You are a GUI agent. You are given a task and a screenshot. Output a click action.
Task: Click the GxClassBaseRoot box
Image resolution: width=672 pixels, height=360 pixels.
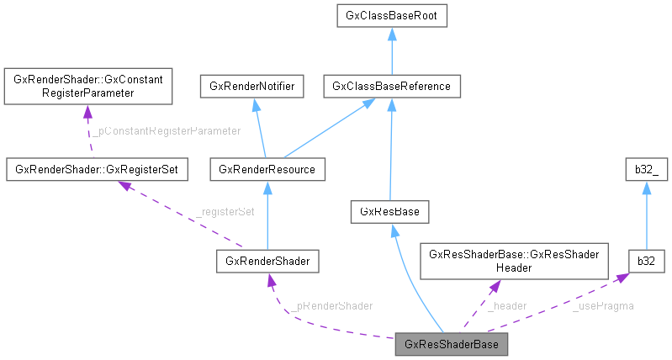tap(391, 15)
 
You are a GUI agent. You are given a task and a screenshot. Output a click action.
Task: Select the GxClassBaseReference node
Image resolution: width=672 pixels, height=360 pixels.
tap(391, 86)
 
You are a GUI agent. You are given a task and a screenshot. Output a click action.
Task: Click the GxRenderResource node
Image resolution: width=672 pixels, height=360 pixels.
tap(266, 169)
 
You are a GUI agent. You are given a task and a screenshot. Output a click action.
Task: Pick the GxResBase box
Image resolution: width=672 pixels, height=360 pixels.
tap(390, 211)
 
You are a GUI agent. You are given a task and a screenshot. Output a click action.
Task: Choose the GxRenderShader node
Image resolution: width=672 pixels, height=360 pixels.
tap(267, 262)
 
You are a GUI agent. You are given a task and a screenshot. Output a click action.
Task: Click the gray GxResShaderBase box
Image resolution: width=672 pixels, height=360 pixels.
tap(452, 345)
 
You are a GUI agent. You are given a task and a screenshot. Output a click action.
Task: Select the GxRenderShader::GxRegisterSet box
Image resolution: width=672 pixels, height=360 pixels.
tap(96, 169)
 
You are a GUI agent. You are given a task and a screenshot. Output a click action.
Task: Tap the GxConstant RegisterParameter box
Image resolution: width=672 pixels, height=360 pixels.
tap(88, 86)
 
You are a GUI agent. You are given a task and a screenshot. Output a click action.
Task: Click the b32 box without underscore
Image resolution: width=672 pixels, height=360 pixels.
tap(646, 262)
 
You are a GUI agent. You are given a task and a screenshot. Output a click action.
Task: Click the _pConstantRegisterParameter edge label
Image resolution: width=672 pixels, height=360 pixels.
tap(166, 130)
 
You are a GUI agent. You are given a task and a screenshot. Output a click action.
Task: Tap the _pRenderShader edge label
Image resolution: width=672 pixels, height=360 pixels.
tap(334, 305)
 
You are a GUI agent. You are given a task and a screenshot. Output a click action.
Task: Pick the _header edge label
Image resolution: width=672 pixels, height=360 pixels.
tap(507, 306)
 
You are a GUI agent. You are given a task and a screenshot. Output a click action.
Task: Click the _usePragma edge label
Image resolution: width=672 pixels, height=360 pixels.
tap(603, 306)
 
